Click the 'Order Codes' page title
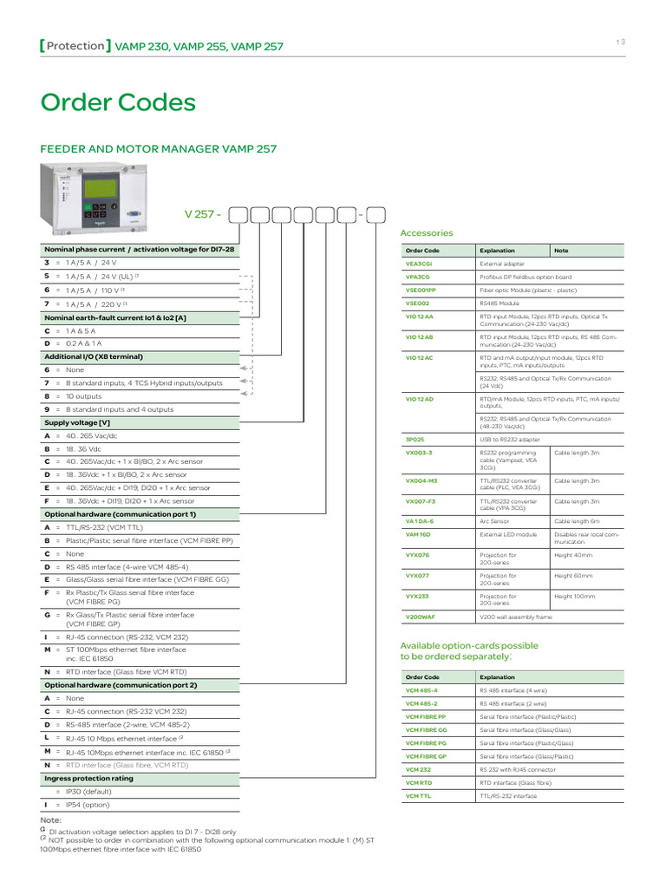point(119,103)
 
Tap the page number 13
point(620,42)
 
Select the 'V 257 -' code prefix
point(202,213)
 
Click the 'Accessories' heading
point(426,233)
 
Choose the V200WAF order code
point(421,617)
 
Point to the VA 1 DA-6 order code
point(420,521)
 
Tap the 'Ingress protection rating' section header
point(89,778)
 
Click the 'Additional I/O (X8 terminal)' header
point(94,356)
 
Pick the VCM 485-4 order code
point(421,690)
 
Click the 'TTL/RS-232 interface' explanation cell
point(508,795)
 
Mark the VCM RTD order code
point(419,782)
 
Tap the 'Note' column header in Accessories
point(561,250)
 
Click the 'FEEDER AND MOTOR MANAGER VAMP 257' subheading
point(159,149)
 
